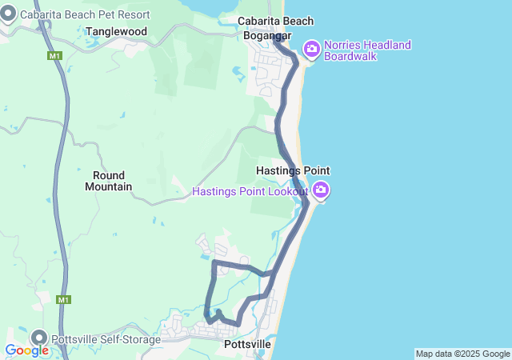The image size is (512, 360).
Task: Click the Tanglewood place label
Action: point(116,31)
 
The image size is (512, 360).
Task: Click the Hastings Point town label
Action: point(293,171)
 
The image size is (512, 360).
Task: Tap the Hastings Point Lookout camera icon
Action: point(321,190)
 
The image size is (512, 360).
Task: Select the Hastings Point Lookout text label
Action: point(250,191)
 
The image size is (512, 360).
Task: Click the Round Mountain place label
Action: point(108,181)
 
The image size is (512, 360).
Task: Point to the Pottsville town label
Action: point(248,344)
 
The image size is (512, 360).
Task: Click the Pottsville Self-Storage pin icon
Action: point(39,337)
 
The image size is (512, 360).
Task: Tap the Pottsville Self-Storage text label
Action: point(106,339)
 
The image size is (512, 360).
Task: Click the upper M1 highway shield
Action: point(54,56)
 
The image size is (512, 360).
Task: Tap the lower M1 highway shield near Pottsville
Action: point(64,300)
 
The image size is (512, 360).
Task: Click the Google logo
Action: point(26,350)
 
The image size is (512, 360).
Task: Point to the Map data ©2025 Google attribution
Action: point(462,354)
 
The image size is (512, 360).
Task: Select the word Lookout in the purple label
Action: point(287,191)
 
